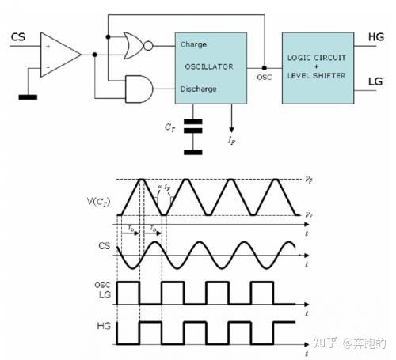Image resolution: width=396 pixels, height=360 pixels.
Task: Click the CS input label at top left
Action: click(x=17, y=36)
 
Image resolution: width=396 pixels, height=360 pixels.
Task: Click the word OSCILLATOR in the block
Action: click(x=210, y=66)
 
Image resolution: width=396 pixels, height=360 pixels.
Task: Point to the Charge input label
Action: click(x=193, y=44)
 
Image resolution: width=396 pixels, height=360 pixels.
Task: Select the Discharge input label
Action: click(x=198, y=89)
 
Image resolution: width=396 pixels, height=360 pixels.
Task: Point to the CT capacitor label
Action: click(x=171, y=126)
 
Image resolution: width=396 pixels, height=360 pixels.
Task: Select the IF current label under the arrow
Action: click(x=231, y=140)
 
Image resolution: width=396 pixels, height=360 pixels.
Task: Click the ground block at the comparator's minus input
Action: click(x=29, y=98)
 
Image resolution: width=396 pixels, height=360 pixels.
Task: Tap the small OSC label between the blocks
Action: click(x=265, y=78)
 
